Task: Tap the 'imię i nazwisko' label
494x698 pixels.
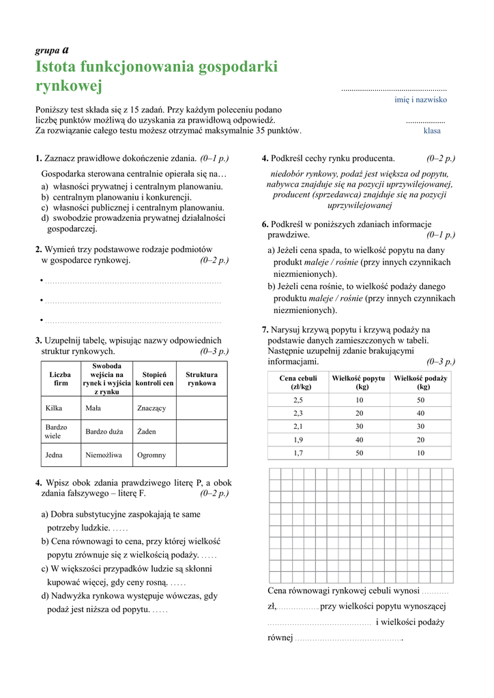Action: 421,100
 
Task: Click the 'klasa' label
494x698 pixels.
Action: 432,130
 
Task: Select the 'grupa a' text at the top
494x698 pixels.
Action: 51,50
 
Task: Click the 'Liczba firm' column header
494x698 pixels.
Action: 61,379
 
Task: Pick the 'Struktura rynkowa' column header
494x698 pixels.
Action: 202,379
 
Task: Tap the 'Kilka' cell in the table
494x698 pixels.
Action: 54,408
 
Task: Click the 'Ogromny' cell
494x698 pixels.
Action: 151,454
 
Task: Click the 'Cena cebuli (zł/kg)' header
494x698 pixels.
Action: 298,382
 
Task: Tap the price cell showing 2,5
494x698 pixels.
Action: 298,400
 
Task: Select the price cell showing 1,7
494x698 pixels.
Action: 298,453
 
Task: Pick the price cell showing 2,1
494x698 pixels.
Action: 298,426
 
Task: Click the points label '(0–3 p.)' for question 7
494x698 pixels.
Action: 441,361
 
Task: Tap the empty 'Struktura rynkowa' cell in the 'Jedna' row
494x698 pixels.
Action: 202,454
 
